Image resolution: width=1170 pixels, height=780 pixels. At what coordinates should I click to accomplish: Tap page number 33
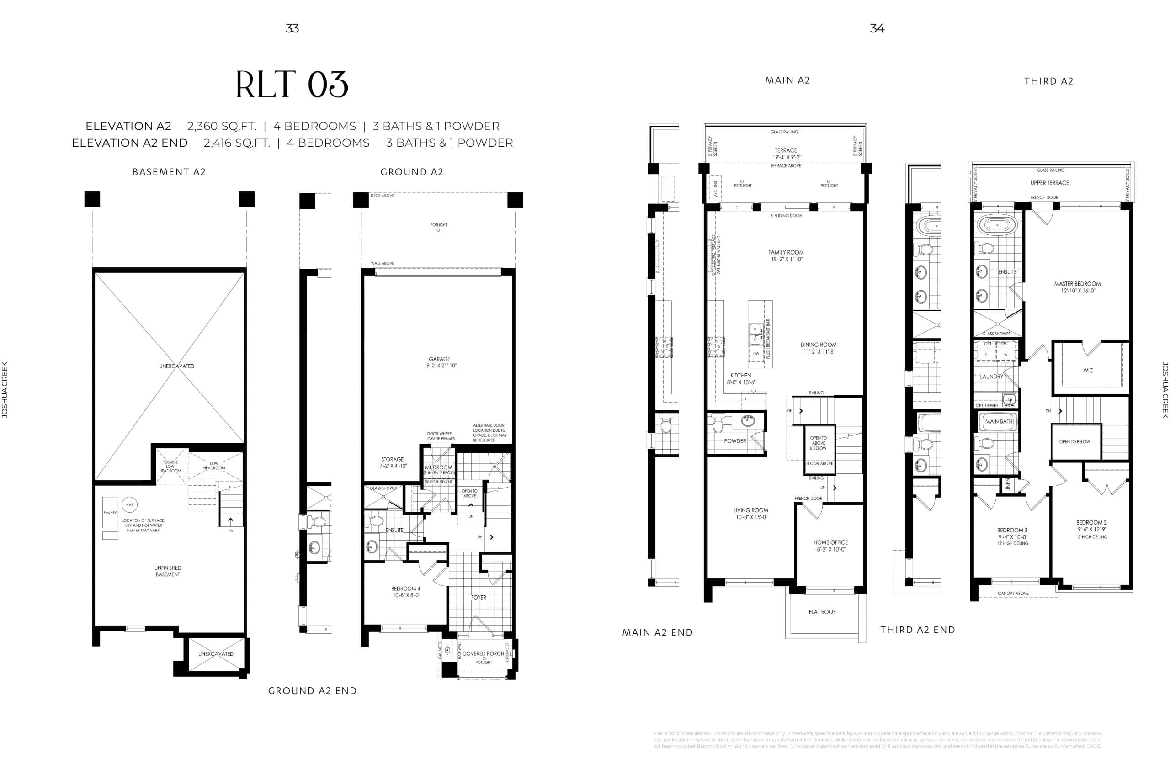coord(292,28)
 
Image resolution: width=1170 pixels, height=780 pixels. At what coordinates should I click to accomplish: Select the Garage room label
coord(439,359)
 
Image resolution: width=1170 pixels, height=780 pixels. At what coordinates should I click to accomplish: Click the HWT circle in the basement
coord(129,504)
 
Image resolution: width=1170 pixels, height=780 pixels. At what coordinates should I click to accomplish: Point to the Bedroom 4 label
coord(405,589)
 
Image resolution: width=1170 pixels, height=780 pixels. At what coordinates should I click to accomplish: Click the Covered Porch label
coord(483,653)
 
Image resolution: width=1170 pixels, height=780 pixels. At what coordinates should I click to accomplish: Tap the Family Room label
coord(786,252)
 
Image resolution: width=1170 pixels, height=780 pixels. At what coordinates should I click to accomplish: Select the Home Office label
coord(830,542)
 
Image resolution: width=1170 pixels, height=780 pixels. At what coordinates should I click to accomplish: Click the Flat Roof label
coord(822,612)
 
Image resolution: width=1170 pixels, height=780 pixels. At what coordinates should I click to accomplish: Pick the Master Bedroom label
coord(1077,284)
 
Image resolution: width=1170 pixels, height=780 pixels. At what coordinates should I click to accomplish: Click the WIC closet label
coord(1088,371)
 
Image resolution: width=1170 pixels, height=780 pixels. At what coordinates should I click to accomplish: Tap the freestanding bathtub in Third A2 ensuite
coord(997,225)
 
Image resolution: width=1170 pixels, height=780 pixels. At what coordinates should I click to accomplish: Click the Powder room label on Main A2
coord(735,441)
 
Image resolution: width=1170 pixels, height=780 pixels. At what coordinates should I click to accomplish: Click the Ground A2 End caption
coord(313,690)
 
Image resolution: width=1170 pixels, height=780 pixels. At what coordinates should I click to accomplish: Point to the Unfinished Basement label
coord(168,571)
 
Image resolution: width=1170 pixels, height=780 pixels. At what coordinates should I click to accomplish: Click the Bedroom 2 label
coord(1091,522)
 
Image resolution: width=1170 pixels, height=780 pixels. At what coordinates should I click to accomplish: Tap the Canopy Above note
coord(1013,593)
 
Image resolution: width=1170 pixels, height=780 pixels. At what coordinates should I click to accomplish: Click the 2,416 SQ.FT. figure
coord(237,143)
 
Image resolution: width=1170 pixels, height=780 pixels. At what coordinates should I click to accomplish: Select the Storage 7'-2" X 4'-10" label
coord(393,462)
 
